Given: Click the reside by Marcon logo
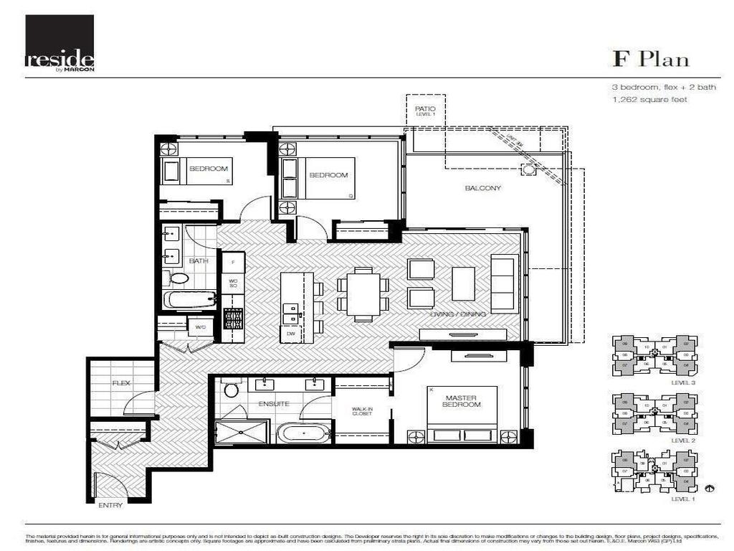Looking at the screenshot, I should point(59,43).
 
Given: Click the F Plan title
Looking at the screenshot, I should point(650,59).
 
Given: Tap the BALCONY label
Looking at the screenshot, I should point(482,189).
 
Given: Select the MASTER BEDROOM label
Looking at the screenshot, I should point(462,401).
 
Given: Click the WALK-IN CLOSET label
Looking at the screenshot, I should point(362,411).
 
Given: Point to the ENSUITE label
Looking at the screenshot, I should point(274,404).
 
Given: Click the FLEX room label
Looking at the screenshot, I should point(120,384).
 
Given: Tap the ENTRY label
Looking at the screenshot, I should point(110,505).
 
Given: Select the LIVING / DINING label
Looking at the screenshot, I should point(458,314).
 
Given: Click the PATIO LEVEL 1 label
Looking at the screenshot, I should point(425,112).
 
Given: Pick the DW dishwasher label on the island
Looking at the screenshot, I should point(290,334).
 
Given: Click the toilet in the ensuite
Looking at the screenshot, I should point(231,390).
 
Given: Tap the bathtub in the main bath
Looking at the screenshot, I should point(189,298).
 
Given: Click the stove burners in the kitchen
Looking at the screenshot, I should point(234,318).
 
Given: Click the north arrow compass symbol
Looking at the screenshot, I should point(710,489).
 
